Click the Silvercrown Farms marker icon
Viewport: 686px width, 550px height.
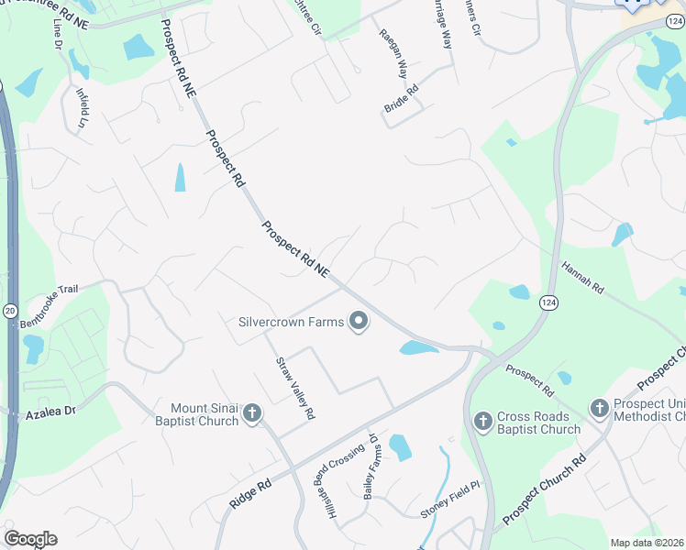pyautogui.click(x=359, y=322)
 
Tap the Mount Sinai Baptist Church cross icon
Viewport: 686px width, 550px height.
pyautogui.click(x=251, y=414)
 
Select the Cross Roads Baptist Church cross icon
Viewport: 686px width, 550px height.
pyautogui.click(x=483, y=422)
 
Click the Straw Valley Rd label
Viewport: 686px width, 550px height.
pyautogui.click(x=295, y=388)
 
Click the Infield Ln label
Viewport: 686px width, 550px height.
pyautogui.click(x=83, y=107)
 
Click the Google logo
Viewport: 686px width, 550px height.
pyautogui.click(x=30, y=539)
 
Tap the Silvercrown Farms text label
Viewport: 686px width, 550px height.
pyautogui.click(x=291, y=322)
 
